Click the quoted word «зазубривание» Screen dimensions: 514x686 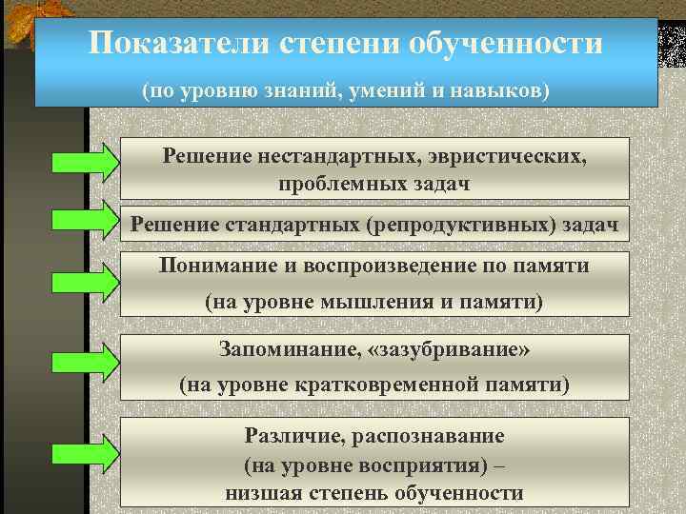(x=450, y=349)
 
